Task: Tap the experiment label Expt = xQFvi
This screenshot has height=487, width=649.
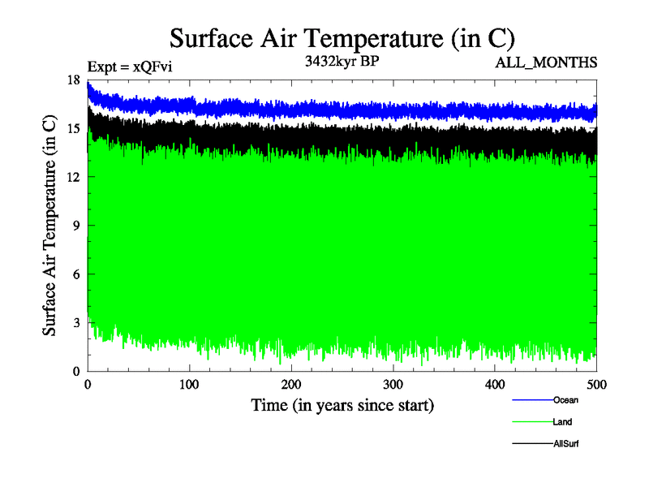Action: tap(129, 67)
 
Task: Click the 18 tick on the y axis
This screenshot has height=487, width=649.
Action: tap(73, 80)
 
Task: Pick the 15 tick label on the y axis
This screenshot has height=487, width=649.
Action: tap(73, 128)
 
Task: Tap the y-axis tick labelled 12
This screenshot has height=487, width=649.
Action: tap(73, 177)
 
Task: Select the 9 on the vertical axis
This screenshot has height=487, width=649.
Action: tap(76, 226)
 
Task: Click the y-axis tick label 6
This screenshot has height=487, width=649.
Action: tap(76, 274)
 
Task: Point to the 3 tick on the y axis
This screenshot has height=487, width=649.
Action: tap(76, 323)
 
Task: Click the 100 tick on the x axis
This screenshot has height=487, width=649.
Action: tap(189, 385)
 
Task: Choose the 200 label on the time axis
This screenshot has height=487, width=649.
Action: tap(291, 385)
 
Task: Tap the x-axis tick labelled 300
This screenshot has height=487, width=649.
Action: tap(393, 385)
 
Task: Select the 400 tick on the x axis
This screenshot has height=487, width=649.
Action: tap(495, 385)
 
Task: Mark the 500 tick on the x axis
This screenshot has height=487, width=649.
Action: tap(596, 385)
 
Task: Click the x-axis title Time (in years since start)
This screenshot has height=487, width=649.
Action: tap(342, 405)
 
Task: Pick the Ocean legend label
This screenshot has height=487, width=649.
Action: tap(565, 399)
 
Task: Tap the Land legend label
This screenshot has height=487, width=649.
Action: tap(563, 422)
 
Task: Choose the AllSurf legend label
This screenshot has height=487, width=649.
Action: tap(565, 444)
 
